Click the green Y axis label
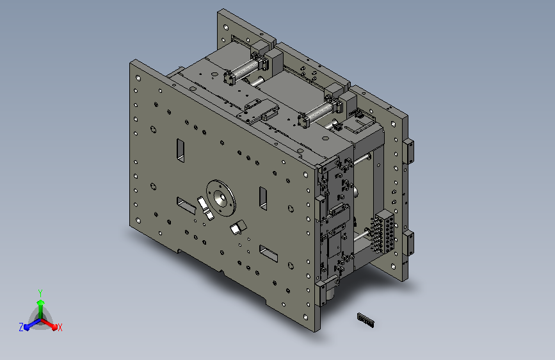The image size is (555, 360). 40,293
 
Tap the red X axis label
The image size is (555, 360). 60,327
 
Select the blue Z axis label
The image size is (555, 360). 21,327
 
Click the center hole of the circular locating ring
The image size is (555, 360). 220,198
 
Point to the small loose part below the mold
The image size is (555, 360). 366,320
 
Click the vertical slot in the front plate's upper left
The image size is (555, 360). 181,151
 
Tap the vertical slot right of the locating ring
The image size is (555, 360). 263,198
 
